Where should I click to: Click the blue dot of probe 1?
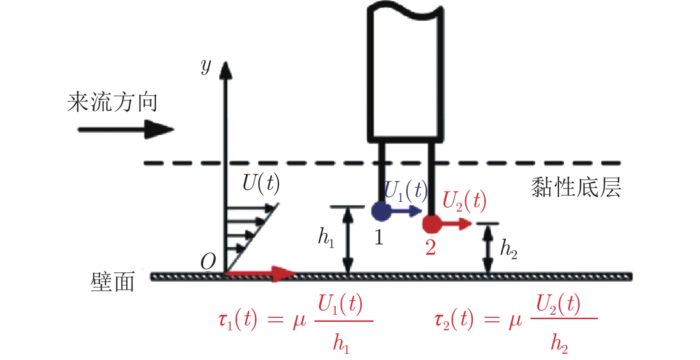[x=381, y=210]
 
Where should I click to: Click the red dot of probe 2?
[x=432, y=224]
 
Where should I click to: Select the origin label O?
[x=208, y=261]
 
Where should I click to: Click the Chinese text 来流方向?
[x=112, y=102]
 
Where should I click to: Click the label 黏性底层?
[x=576, y=187]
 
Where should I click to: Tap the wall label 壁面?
[x=112, y=282]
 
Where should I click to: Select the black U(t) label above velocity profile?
[x=261, y=183]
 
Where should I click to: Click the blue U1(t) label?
[x=405, y=190]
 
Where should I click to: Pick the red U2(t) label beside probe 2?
[x=464, y=200]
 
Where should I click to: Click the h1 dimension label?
[x=326, y=237]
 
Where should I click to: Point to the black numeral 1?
[x=379, y=237]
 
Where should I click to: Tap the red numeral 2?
[x=430, y=248]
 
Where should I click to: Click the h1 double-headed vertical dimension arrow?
[x=348, y=240]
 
